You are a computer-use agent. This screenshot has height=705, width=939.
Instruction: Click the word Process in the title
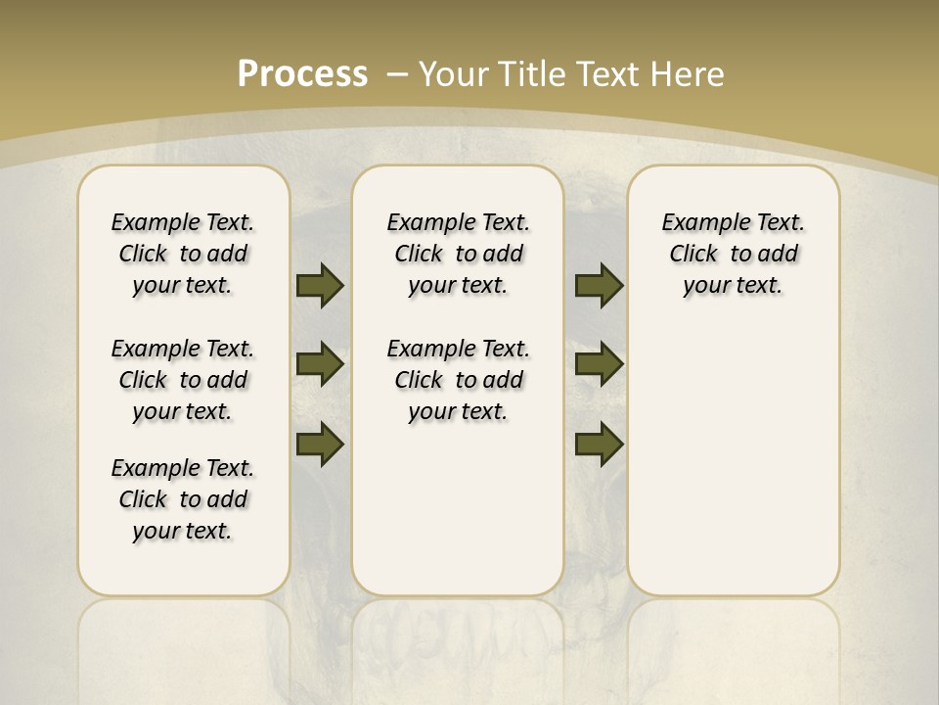click(x=302, y=73)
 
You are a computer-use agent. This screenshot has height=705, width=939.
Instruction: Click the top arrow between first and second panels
click(x=320, y=285)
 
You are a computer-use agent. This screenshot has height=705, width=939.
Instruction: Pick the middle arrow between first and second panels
click(x=320, y=364)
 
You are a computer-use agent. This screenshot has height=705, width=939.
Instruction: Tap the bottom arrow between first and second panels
click(x=320, y=445)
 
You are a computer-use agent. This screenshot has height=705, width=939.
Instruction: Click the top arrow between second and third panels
click(x=600, y=285)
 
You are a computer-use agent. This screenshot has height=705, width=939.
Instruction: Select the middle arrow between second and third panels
click(x=600, y=364)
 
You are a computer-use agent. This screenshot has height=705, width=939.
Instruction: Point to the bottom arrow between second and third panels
click(x=600, y=445)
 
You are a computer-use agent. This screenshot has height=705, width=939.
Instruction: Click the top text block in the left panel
click(x=183, y=254)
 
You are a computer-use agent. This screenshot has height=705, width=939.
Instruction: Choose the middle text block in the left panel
click(x=183, y=380)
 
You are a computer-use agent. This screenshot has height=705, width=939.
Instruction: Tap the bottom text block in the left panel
click(x=183, y=499)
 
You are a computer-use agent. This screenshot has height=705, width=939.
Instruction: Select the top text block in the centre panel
click(x=458, y=254)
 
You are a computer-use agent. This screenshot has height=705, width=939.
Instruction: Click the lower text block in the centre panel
click(x=458, y=380)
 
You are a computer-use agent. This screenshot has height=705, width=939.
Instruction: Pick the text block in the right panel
click(x=733, y=254)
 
